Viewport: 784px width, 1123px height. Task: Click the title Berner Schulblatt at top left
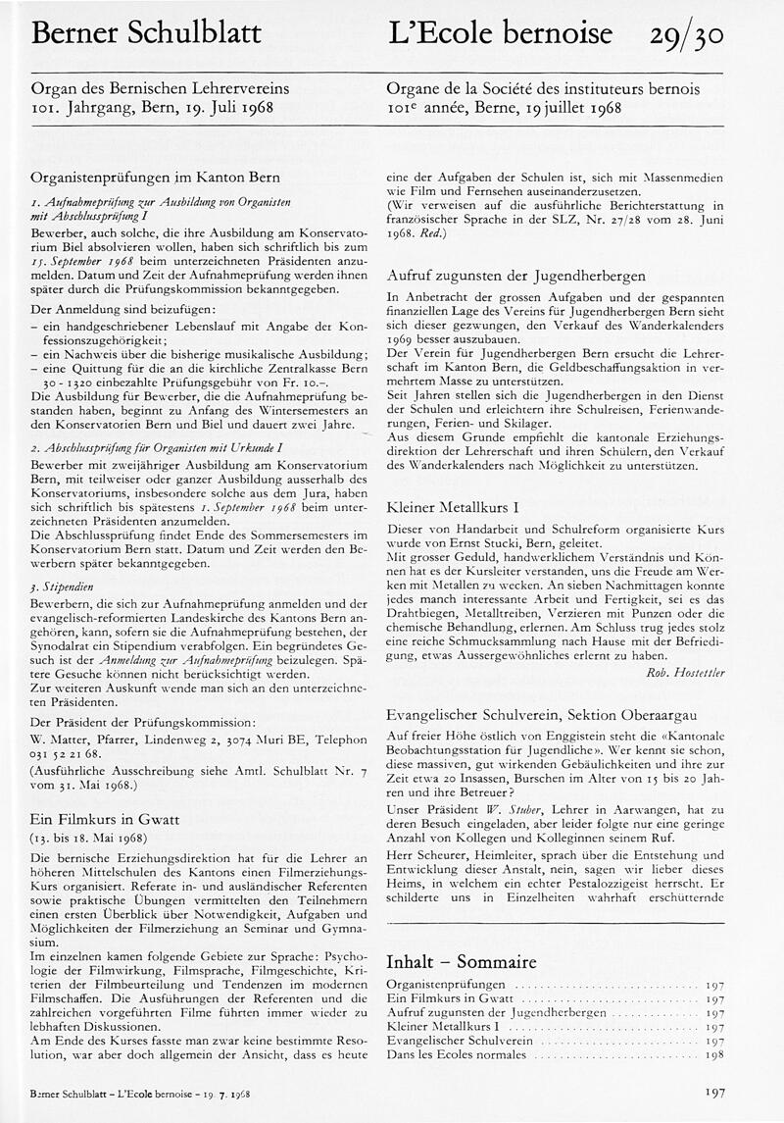coord(146,34)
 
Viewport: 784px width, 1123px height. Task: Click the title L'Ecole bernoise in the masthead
coord(500,34)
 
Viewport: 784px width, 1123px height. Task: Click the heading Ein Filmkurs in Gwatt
coord(105,819)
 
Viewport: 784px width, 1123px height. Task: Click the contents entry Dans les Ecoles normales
coord(456,1054)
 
